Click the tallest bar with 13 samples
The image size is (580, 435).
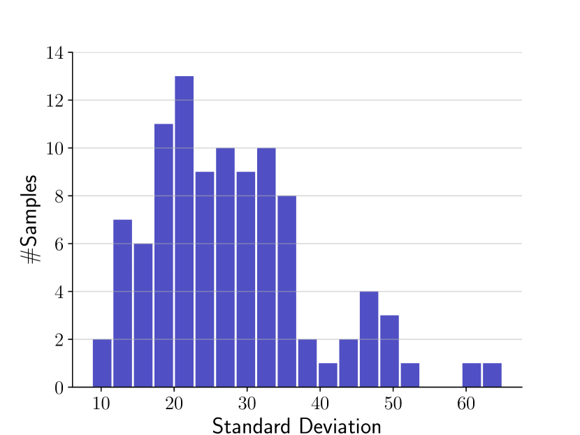pyautogui.click(x=184, y=231)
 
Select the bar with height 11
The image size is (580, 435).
pyautogui.click(x=164, y=255)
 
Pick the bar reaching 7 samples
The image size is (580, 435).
pyautogui.click(x=122, y=303)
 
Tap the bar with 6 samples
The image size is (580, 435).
pyautogui.click(x=143, y=315)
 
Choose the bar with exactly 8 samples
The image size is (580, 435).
pyautogui.click(x=287, y=291)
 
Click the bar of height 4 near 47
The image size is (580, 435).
pyautogui.click(x=369, y=339)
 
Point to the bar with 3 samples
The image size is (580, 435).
pyautogui.click(x=389, y=351)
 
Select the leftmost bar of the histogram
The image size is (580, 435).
pyautogui.click(x=102, y=363)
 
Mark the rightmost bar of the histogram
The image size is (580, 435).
pyautogui.click(x=492, y=375)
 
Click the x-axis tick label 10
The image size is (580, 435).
pyautogui.click(x=101, y=404)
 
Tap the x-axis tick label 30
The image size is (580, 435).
pyautogui.click(x=247, y=404)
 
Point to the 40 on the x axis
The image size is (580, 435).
pyautogui.click(x=319, y=404)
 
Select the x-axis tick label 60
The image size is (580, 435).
pyautogui.click(x=465, y=404)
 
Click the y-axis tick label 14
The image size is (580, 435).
pyautogui.click(x=55, y=53)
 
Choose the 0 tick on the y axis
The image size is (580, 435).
pyautogui.click(x=59, y=388)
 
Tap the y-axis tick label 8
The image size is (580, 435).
pyautogui.click(x=59, y=197)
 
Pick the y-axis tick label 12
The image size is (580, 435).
pyautogui.click(x=55, y=101)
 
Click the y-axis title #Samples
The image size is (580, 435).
pyautogui.click(x=31, y=219)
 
